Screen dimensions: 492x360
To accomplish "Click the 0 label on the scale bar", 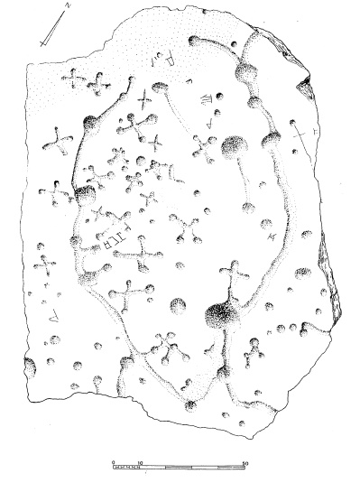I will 114,460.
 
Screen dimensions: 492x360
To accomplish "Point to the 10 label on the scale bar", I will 140,460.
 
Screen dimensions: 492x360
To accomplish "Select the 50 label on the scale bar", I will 246,460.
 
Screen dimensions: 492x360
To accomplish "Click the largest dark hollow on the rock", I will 219,315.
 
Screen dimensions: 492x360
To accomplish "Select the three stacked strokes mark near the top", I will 207,100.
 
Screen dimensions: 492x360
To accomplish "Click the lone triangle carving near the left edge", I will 52,315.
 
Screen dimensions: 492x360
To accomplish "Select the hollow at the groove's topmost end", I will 193,40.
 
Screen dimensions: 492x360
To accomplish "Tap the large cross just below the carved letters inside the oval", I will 142,259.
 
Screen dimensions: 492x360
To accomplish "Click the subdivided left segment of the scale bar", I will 127,467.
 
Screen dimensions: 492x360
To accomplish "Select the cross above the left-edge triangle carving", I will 44,267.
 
